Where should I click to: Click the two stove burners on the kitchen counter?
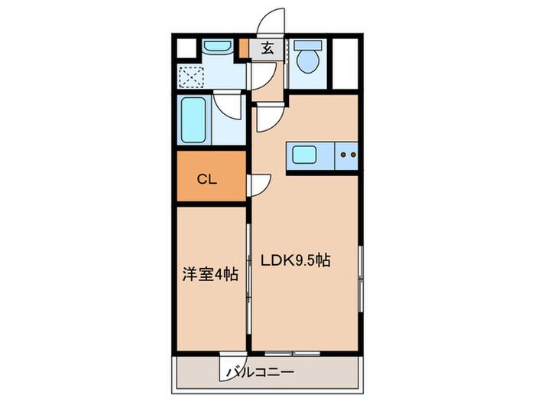click(348, 155)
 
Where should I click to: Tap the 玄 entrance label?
click(267, 49)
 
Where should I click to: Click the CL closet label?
click(207, 180)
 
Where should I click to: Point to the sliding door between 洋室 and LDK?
click(249, 276)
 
